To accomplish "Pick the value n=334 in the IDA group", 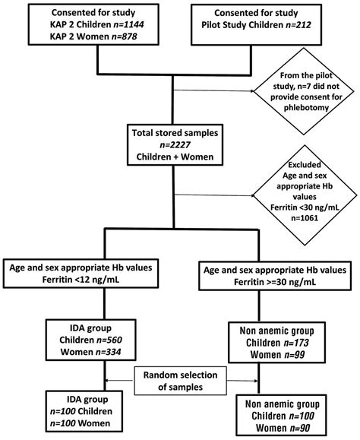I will (x=103, y=353).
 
